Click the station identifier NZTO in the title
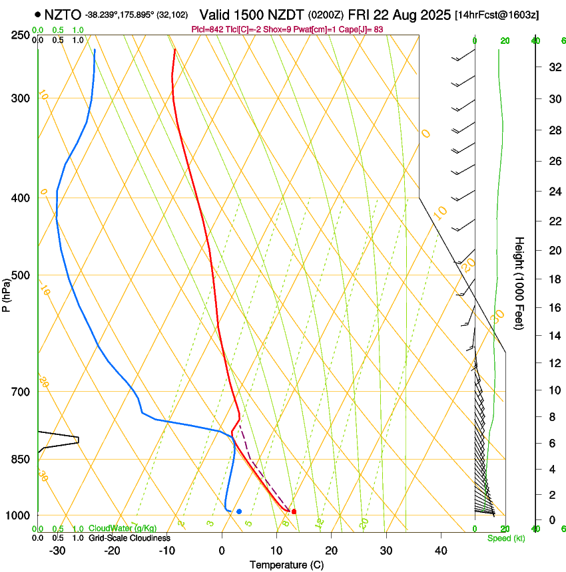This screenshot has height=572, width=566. pyautogui.click(x=62, y=14)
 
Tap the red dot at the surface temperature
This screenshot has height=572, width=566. pyautogui.click(x=294, y=511)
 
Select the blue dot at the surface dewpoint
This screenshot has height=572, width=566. pyautogui.click(x=239, y=511)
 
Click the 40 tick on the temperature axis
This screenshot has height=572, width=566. pyautogui.click(x=441, y=550)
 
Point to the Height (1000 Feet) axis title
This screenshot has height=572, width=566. pyautogui.click(x=520, y=283)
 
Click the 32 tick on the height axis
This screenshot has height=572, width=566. pyautogui.click(x=553, y=67)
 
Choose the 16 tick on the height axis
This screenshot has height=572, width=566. pyautogui.click(x=553, y=308)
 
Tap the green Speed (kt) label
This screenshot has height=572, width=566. pyautogui.click(x=505, y=538)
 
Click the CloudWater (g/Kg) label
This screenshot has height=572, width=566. pyautogui.click(x=123, y=529)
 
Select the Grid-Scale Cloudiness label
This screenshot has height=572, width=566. pyautogui.click(x=129, y=538)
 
